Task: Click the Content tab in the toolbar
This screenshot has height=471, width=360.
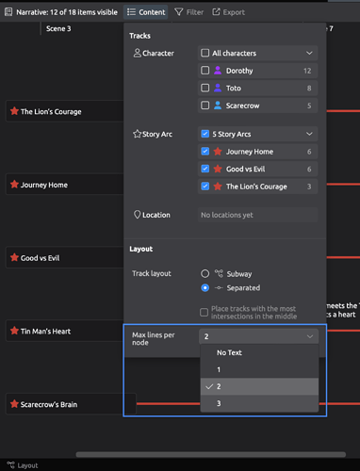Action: [145, 12]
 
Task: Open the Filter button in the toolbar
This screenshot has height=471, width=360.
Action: [188, 12]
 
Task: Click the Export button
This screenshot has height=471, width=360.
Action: [228, 12]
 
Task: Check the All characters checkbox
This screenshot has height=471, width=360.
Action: [205, 54]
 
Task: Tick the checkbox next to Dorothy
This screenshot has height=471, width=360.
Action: [205, 71]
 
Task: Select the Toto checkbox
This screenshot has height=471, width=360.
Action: [205, 88]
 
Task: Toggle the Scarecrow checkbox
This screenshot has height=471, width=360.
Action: [205, 105]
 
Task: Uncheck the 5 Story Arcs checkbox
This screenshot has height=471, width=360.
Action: [205, 134]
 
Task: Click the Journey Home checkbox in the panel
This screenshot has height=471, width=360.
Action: [205, 151]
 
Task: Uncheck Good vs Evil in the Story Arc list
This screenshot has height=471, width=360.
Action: [205, 169]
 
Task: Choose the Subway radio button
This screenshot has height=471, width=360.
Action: [205, 272]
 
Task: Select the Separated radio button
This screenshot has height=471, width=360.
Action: [205, 287]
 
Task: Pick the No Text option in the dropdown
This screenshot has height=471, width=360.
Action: [228, 352]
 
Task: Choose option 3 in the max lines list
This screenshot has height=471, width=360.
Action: [220, 403]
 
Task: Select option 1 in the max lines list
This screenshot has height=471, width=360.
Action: [220, 369]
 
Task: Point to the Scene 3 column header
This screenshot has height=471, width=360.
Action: [58, 29]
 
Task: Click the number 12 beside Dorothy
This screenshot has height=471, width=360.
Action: [307, 71]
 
